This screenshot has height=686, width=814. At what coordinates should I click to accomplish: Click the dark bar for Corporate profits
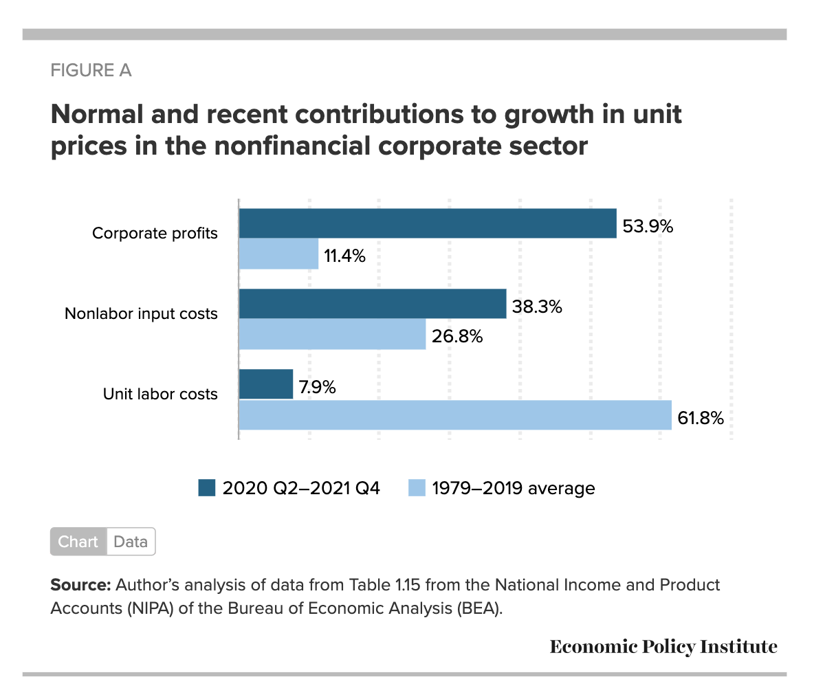pyautogui.click(x=427, y=223)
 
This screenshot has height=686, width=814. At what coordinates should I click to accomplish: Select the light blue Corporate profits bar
pyautogui.click(x=278, y=254)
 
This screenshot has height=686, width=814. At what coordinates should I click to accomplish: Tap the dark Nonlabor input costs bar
pyautogui.click(x=372, y=304)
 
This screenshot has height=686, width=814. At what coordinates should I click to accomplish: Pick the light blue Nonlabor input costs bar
pyautogui.click(x=332, y=335)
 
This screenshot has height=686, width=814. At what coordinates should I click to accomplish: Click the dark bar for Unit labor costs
pyautogui.click(x=265, y=384)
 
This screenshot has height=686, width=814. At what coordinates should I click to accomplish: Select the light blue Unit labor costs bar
pyautogui.click(x=454, y=415)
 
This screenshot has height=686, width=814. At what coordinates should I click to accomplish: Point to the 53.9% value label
pyautogui.click(x=648, y=225)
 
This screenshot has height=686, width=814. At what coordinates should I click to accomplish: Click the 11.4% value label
pyautogui.click(x=345, y=256)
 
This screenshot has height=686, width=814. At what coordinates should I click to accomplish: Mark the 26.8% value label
pyautogui.click(x=457, y=337)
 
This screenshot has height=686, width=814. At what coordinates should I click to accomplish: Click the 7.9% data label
pyautogui.click(x=317, y=386)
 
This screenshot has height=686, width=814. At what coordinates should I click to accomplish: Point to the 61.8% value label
pyautogui.click(x=701, y=417)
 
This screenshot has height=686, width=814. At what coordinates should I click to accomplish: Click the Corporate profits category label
pyautogui.click(x=155, y=234)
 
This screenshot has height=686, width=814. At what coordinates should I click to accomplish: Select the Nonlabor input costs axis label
pyautogui.click(x=141, y=314)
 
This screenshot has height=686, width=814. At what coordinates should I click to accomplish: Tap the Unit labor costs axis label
pyautogui.click(x=160, y=395)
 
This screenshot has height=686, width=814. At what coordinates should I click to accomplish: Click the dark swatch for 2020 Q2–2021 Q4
pyautogui.click(x=207, y=488)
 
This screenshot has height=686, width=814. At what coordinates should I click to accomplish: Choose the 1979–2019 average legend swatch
pyautogui.click(x=417, y=488)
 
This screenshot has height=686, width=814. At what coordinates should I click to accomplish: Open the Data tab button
pyautogui.click(x=131, y=542)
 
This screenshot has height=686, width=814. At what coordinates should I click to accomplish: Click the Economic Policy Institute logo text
pyautogui.click(x=663, y=647)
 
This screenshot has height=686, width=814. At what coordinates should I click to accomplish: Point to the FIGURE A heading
pyautogui.click(x=91, y=70)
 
